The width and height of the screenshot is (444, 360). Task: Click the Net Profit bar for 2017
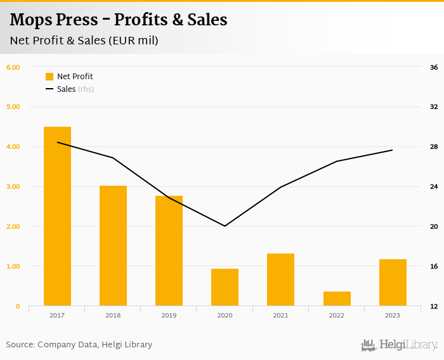57,216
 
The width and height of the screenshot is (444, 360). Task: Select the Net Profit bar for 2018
113,246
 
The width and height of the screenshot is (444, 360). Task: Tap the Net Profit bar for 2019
169,251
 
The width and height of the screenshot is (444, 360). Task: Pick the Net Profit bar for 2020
225,287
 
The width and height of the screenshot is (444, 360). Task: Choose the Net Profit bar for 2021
280,280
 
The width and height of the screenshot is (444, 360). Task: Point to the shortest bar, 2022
336,299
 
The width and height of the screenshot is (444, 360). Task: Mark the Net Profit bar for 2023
392,283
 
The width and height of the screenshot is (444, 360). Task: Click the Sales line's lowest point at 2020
225,226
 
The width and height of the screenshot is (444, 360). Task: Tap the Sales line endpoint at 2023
392,150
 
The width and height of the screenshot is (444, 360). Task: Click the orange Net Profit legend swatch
49,77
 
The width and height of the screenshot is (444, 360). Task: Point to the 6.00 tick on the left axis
13,67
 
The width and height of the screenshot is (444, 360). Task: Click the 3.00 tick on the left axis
13,186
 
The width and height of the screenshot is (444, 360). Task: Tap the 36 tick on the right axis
434,67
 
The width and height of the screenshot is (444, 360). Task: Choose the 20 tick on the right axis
434,226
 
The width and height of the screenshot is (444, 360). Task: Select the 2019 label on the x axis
169,315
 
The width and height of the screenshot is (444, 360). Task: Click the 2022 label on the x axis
336,315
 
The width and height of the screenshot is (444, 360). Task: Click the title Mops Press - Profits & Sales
119,20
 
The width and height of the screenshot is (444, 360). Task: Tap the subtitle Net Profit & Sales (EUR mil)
84,41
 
